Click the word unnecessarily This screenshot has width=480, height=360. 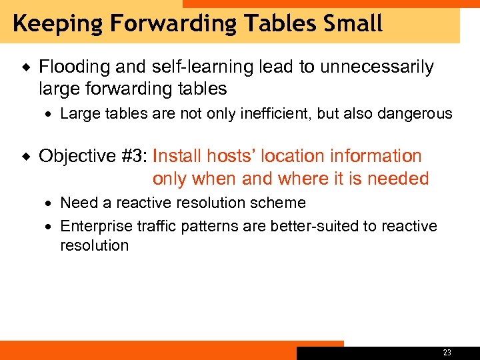(x=377, y=67)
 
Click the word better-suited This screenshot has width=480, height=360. (x=314, y=227)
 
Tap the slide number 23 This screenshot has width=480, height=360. (x=447, y=353)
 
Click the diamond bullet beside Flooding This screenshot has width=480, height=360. (x=25, y=67)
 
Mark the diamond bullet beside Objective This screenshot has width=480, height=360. (x=25, y=157)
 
